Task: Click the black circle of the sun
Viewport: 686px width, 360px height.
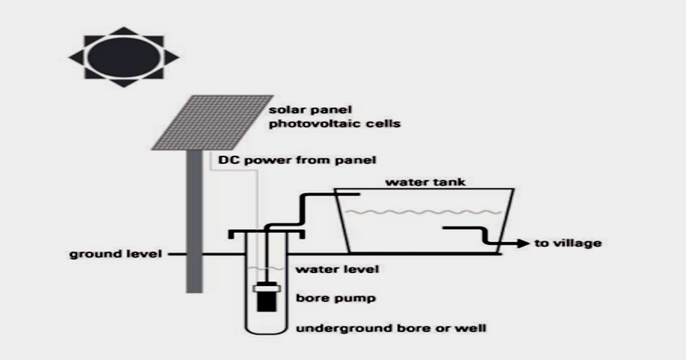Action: [x=124, y=57]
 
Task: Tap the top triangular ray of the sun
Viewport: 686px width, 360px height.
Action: [x=124, y=31]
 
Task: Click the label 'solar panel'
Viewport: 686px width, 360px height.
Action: [x=299, y=110]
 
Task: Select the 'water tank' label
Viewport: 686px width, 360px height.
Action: [x=416, y=182]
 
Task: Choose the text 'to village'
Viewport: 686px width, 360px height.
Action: [x=567, y=243]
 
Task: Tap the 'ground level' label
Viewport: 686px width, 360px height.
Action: [x=115, y=254]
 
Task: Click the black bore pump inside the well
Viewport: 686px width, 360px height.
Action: [x=266, y=296]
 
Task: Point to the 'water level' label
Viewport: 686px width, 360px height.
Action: [x=337, y=269]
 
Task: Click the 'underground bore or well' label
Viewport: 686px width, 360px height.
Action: [x=390, y=328]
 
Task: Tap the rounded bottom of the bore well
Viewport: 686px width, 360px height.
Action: [x=265, y=331]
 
